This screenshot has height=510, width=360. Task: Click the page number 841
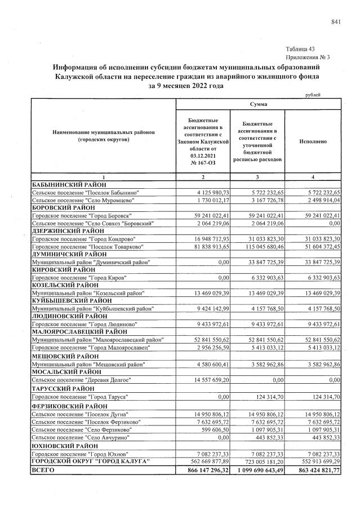click(336, 21)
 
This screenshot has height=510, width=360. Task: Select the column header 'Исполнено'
click(313, 141)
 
